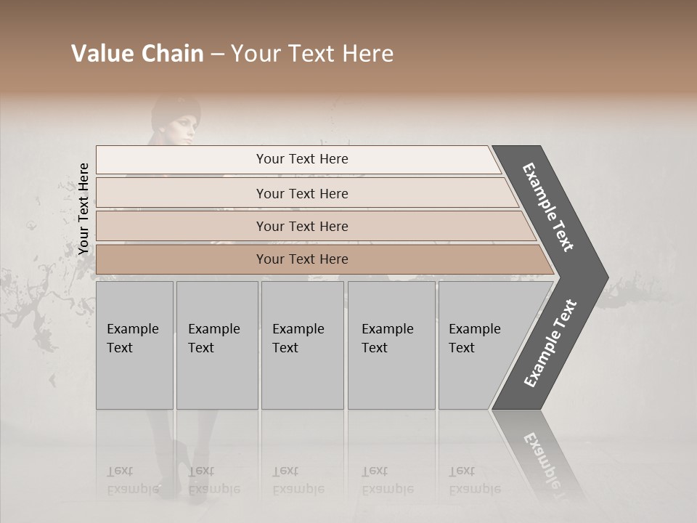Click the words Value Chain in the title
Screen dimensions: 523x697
click(137, 54)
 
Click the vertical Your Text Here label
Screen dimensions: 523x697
click(83, 209)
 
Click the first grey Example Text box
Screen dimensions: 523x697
click(134, 345)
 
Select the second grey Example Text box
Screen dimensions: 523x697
click(217, 345)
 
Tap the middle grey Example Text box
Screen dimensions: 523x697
click(302, 345)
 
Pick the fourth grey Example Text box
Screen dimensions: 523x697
click(391, 345)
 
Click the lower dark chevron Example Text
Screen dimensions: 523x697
click(550, 344)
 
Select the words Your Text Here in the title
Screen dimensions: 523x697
click(312, 54)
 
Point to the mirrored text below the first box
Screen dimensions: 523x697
click(133, 480)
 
